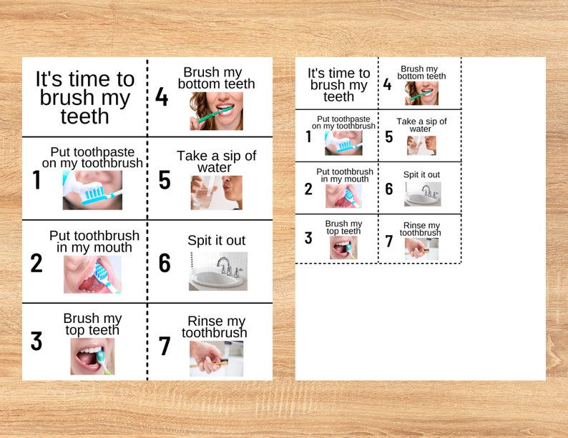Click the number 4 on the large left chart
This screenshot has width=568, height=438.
pos(162,96)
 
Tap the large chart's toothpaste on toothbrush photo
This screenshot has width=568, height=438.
pos(92,190)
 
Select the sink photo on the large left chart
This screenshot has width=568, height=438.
pos(217,271)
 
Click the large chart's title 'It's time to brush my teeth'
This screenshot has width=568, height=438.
pos(84,97)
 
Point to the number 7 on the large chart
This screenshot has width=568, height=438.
pos(165,347)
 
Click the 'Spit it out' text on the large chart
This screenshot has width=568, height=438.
pos(216,241)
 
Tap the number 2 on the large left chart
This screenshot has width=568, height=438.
pos(36,264)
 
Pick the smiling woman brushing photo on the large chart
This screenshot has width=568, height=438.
pos(216,111)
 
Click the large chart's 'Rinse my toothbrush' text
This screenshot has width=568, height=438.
pos(215,327)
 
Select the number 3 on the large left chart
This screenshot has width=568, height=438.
pos(36,342)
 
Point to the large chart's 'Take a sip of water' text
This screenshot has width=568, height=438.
pos(216,161)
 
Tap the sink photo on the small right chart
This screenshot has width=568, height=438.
pos(422,194)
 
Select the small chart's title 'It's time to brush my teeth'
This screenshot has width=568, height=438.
pos(339,84)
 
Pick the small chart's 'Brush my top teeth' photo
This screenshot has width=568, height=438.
pos(343,247)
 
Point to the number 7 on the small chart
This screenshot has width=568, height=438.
pos(389,242)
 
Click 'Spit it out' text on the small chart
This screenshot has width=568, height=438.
pos(421,174)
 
